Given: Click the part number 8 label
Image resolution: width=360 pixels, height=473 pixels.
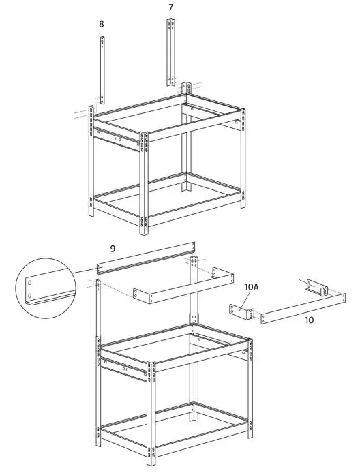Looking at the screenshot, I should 102,24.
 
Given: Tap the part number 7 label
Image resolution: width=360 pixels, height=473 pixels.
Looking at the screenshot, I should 170,7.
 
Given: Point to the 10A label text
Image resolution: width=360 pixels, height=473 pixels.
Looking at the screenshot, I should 251,288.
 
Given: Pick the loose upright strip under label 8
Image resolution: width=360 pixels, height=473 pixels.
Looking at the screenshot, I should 102,68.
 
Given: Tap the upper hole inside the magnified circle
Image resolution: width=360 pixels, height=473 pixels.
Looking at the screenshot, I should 29,281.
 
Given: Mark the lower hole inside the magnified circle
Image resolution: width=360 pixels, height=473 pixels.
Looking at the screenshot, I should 30,295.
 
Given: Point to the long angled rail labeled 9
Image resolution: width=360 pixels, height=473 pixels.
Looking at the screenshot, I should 146,259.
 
